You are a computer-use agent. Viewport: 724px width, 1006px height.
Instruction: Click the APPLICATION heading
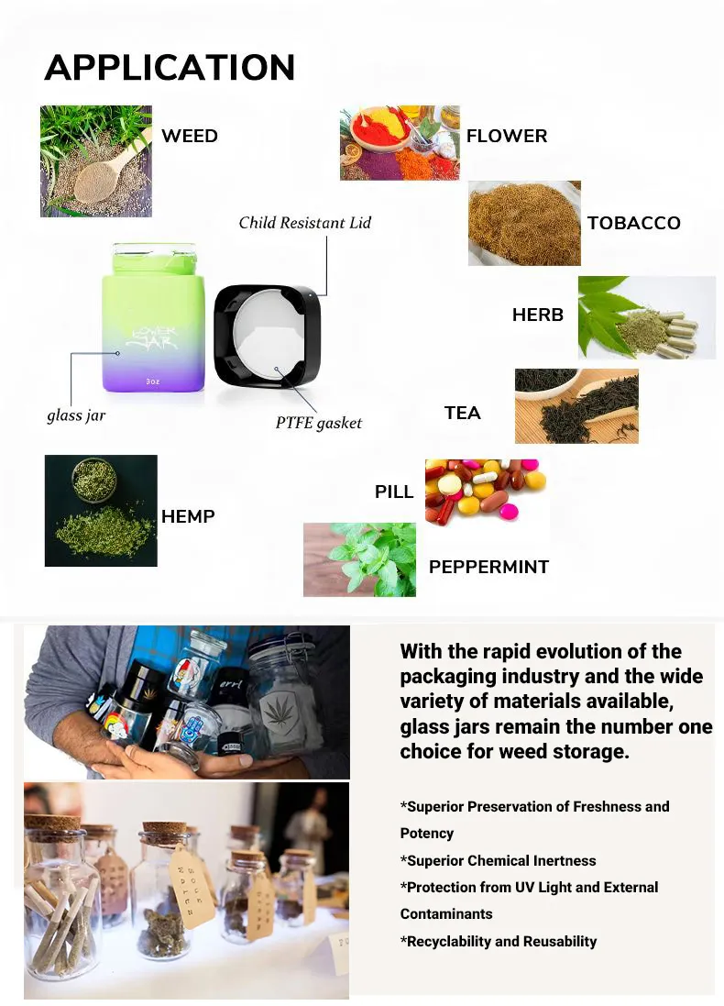tap(170, 67)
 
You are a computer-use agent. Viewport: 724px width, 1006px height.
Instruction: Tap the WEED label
tap(190, 136)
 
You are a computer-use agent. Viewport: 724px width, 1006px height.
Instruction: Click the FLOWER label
tap(507, 136)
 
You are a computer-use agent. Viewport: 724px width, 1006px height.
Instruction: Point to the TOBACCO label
tap(633, 223)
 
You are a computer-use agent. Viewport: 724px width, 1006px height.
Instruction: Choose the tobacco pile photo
tap(524, 223)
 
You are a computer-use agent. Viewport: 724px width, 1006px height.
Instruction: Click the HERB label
tap(537, 315)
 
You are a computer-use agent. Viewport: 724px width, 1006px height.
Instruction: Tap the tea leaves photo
tap(576, 406)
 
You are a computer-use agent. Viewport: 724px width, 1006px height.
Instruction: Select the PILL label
tap(394, 492)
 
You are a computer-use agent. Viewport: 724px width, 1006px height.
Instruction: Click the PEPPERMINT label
tap(488, 567)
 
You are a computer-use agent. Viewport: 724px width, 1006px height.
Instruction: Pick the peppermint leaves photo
tap(359, 559)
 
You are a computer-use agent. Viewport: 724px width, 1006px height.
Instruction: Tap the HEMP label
tap(188, 516)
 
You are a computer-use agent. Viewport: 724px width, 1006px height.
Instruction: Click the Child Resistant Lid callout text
tap(304, 223)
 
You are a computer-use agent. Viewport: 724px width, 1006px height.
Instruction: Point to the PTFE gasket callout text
tap(319, 423)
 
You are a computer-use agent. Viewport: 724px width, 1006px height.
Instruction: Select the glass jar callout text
tap(76, 415)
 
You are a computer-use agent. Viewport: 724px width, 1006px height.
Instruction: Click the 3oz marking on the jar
tap(153, 381)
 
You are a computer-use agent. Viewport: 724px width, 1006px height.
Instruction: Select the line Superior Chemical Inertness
tap(499, 861)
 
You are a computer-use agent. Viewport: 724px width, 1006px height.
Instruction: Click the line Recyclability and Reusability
tap(499, 942)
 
